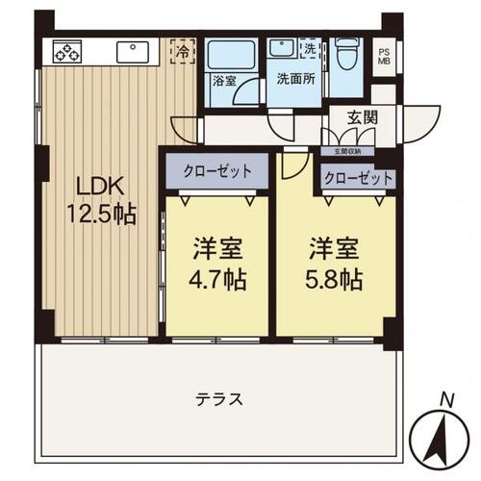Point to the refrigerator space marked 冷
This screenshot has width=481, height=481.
184,50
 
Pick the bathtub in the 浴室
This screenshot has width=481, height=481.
230,56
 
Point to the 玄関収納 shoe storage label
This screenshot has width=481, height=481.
351,151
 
